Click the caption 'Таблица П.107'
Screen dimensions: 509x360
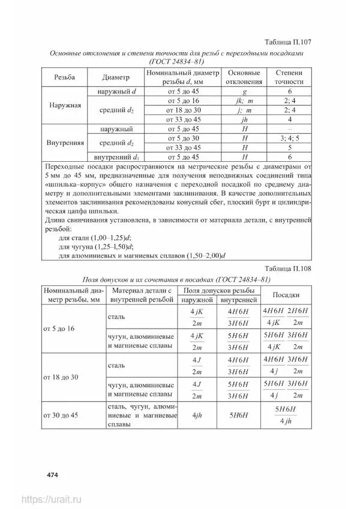[290, 43]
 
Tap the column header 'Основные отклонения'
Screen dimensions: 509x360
[245, 77]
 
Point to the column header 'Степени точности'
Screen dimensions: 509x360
[289, 77]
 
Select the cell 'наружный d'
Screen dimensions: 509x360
[117, 91]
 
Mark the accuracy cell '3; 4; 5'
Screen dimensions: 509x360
[289, 138]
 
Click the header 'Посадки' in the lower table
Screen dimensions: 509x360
[287, 295]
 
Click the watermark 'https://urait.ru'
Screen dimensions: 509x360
[52, 499]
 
